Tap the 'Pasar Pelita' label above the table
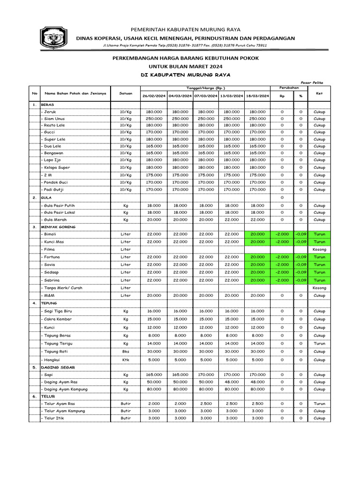(x=314, y=82)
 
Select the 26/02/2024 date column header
(x=154, y=96)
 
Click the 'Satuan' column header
(x=125, y=93)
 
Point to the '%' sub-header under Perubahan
(x=300, y=96)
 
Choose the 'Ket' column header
(x=319, y=93)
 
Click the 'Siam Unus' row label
(x=54, y=119)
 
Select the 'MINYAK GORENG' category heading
(x=58, y=227)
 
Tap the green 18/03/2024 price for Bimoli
(x=257, y=234)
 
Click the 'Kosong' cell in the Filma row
(x=319, y=249)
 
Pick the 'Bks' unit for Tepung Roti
(x=126, y=352)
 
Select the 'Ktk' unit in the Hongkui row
(x=126, y=360)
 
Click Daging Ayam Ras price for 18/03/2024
(x=257, y=382)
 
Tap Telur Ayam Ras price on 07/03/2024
(x=206, y=404)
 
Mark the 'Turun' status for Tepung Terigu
(x=319, y=344)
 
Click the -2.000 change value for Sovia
(x=282, y=264)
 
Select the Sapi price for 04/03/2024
(x=180, y=375)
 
